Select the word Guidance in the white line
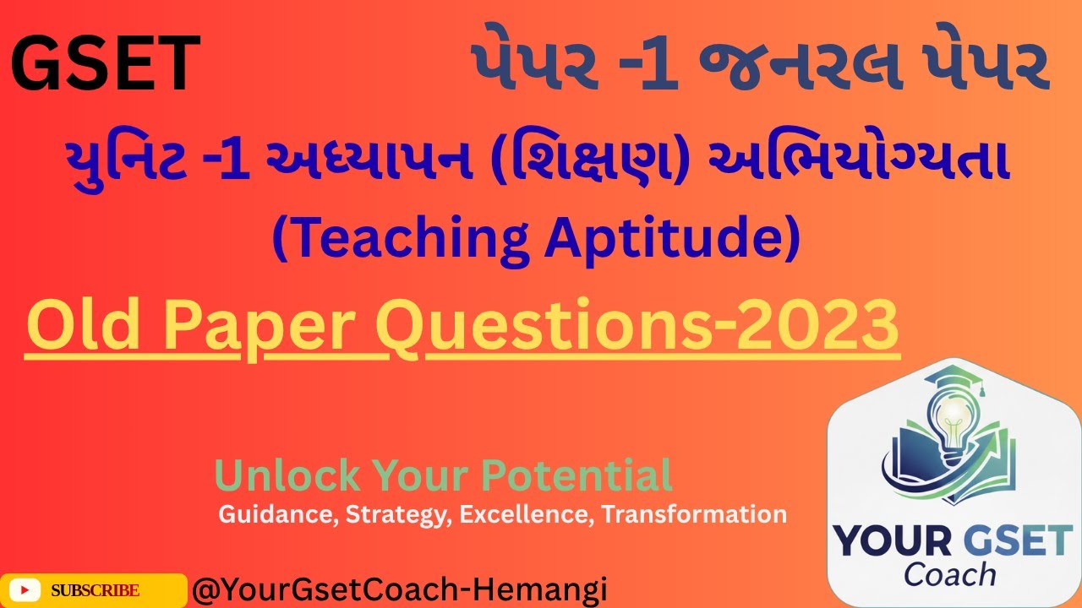pos(278,514)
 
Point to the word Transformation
pos(694,513)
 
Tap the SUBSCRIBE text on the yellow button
pos(96,590)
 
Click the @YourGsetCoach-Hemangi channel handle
pos(400,590)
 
